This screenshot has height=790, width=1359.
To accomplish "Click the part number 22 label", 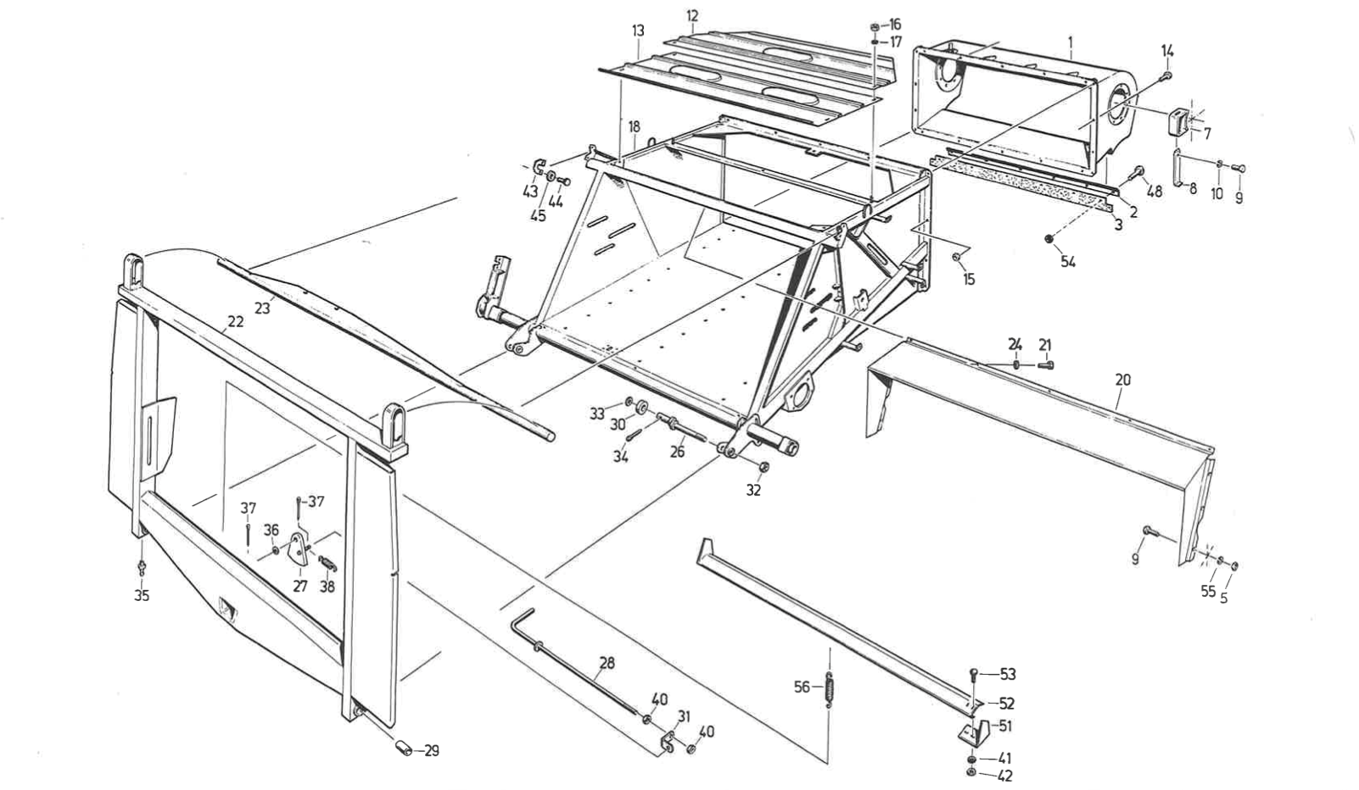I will [235, 322].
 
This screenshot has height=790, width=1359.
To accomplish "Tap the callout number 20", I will [1122, 380].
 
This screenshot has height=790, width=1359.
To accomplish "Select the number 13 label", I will [638, 31].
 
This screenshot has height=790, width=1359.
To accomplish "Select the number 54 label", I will [1068, 262].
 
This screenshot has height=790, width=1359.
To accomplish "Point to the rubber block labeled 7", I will [1178, 121].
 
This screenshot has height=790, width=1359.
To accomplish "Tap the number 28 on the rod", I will [606, 663].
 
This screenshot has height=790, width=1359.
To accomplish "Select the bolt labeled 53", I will [975, 675].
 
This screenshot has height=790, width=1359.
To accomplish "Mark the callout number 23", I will [262, 309].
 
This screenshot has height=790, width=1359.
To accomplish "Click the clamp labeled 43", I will [539, 163].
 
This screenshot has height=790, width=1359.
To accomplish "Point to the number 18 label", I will [634, 126].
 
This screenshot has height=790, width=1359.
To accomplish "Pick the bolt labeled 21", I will [1046, 364].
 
